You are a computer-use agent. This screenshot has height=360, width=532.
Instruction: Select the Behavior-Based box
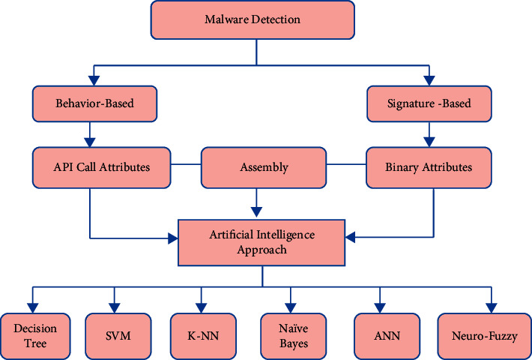(94, 103)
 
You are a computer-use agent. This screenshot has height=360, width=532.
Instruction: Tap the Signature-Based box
(428, 103)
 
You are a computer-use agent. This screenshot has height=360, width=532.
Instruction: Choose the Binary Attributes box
(428, 167)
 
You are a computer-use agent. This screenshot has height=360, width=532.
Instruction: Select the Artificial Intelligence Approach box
(262, 242)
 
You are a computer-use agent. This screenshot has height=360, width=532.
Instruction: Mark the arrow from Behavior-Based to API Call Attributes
(91, 133)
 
